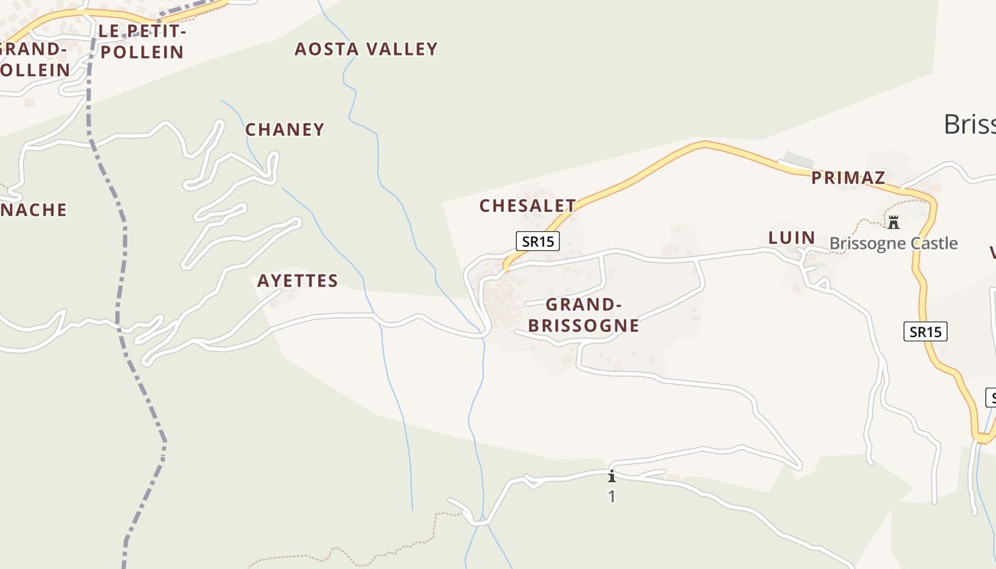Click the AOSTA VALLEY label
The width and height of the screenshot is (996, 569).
tap(366, 49)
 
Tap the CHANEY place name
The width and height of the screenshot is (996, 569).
tap(285, 129)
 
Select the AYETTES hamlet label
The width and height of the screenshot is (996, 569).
tap(297, 281)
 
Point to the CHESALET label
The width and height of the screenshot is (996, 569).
tap(527, 206)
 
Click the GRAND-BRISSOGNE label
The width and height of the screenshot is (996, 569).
tap(583, 315)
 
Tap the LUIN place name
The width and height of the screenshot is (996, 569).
tap(791, 238)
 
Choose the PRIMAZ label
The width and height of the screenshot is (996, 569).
tap(848, 178)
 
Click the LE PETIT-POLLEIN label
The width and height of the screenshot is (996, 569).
tap(142, 41)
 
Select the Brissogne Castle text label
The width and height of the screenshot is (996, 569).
tap(894, 243)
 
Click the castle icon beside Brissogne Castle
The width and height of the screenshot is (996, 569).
tap(894, 223)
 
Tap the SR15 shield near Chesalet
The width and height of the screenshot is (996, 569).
tap(538, 241)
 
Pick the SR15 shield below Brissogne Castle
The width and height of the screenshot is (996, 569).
tap(926, 331)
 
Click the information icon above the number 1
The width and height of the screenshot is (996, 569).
tap(611, 476)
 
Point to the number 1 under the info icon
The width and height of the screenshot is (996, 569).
tap(611, 496)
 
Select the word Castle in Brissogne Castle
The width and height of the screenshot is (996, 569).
tap(932, 243)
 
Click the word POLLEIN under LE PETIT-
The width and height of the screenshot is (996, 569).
tap(142, 52)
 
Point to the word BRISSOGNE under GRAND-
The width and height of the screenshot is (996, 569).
tap(583, 326)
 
